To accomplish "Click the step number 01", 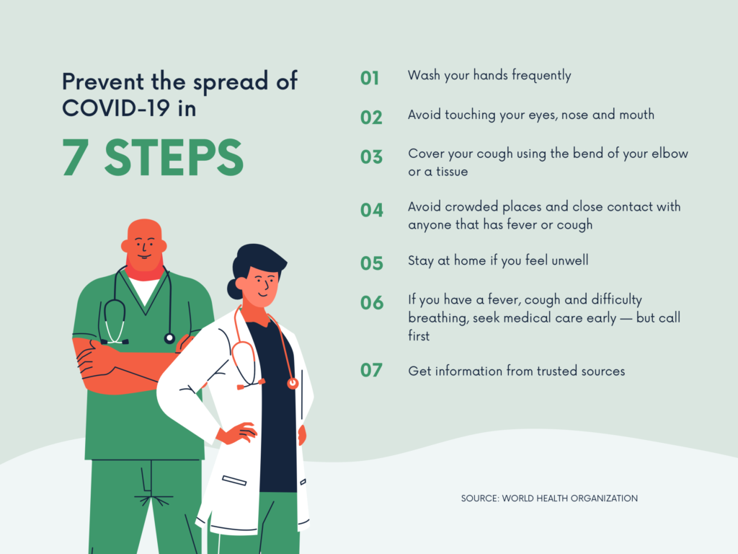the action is [x=370, y=78].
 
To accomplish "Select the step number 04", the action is [x=371, y=210].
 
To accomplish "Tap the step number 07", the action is [x=371, y=370].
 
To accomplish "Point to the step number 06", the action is [x=371, y=303].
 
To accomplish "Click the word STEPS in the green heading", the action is [x=174, y=158].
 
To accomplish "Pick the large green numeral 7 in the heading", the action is [x=75, y=158].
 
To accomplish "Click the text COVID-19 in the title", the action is [x=116, y=108].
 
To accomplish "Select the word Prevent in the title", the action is [x=103, y=82].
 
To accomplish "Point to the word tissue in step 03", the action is [x=452, y=172].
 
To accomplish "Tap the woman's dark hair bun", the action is [x=234, y=289].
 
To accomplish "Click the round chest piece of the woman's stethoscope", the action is [x=293, y=384].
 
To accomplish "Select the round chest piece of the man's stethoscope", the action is [x=169, y=338].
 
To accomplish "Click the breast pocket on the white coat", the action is [x=234, y=480].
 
